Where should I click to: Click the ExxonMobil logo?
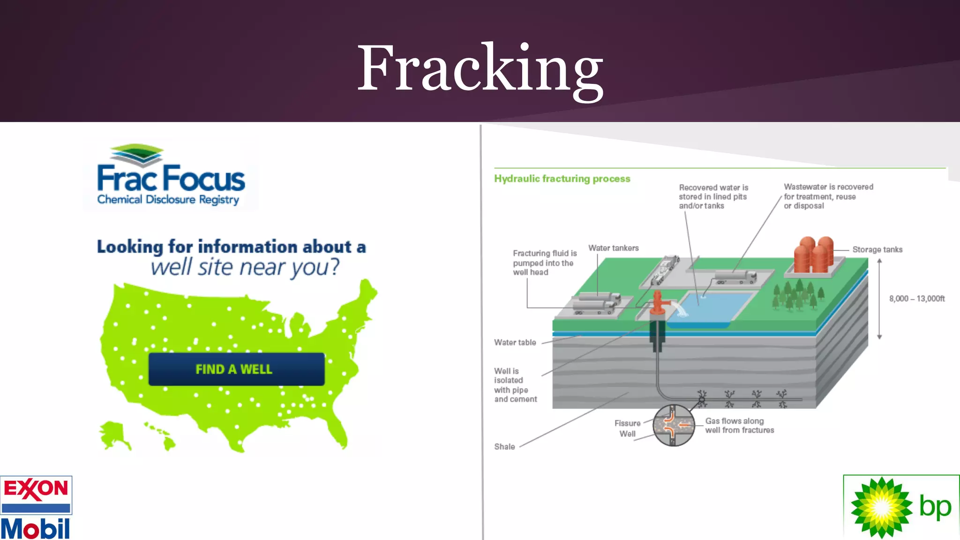36,508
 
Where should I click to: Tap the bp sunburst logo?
881,507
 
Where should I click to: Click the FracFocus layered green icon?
136,155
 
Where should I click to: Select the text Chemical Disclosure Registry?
168,200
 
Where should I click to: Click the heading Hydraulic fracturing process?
562,179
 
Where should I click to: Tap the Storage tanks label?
877,250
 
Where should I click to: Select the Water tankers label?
613,248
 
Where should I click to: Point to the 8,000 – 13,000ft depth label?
916,299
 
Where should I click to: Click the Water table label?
515,343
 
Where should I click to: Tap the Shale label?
504,447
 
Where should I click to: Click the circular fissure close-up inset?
673,425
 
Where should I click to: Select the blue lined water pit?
710,307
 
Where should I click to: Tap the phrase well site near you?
244,268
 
